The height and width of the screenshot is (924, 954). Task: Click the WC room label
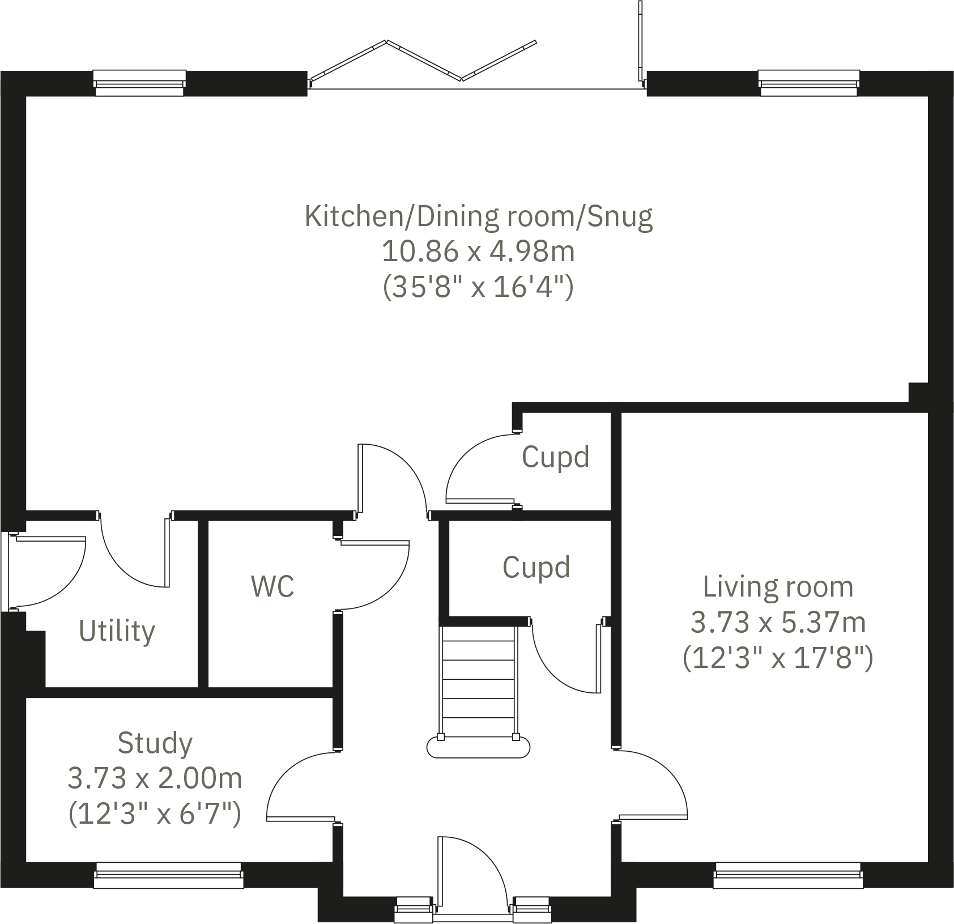(x=272, y=586)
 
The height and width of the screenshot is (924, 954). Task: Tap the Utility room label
(x=117, y=631)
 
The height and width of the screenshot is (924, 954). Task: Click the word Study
(x=155, y=743)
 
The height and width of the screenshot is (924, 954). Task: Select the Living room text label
(x=778, y=587)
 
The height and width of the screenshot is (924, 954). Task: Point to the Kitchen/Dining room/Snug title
(x=479, y=216)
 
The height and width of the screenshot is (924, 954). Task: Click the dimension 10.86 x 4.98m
(x=479, y=252)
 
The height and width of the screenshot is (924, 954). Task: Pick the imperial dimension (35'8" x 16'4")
(x=479, y=287)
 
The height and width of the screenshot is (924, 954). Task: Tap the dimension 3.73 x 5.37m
(x=778, y=623)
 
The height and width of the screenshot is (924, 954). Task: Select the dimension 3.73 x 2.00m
(x=155, y=778)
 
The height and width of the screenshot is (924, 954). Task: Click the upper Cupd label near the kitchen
(x=555, y=457)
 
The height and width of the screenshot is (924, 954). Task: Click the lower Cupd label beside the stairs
(x=536, y=568)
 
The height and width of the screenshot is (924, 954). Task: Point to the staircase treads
(x=479, y=680)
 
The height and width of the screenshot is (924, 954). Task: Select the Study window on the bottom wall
(x=168, y=875)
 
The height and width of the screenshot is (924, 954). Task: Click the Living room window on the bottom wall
(x=788, y=875)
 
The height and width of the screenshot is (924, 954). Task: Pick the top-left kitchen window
(x=139, y=83)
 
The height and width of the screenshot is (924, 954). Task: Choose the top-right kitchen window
(x=808, y=83)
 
